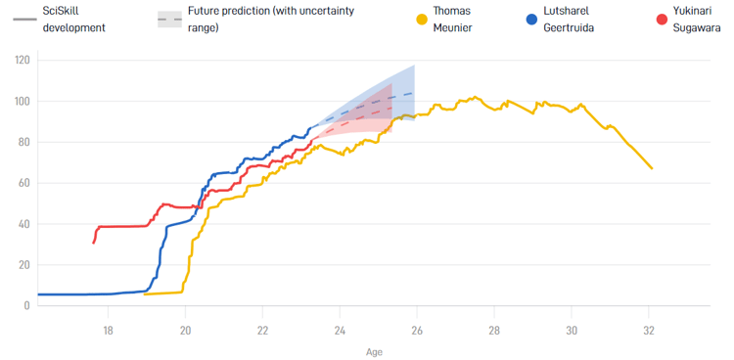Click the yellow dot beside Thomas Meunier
click(x=422, y=20)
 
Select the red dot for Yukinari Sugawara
click(x=662, y=20)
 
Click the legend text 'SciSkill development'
click(x=73, y=20)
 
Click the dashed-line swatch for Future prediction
click(x=169, y=20)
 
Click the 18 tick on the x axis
click(x=108, y=330)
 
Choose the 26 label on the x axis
click(x=417, y=330)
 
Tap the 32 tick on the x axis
click(x=648, y=330)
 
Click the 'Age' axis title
click(x=375, y=350)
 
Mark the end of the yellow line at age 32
click(x=652, y=168)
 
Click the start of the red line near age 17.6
click(x=94, y=242)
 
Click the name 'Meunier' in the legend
click(x=454, y=27)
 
